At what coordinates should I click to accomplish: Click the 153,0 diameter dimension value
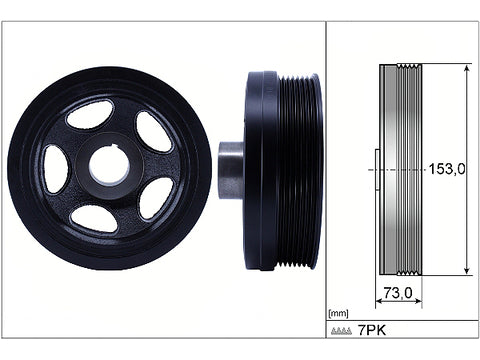pos(447,169)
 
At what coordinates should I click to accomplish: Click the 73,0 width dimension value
pos(398,293)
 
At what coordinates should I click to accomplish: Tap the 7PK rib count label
pos(372,330)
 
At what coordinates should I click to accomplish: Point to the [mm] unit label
pos(338,313)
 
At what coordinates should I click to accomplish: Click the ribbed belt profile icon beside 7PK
pos(341,331)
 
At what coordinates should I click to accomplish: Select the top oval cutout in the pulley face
pos(90,114)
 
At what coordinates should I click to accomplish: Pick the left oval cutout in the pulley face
pos(56,169)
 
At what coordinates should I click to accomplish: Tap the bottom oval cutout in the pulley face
pos(94,219)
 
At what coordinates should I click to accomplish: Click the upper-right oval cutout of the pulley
pos(153,132)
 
